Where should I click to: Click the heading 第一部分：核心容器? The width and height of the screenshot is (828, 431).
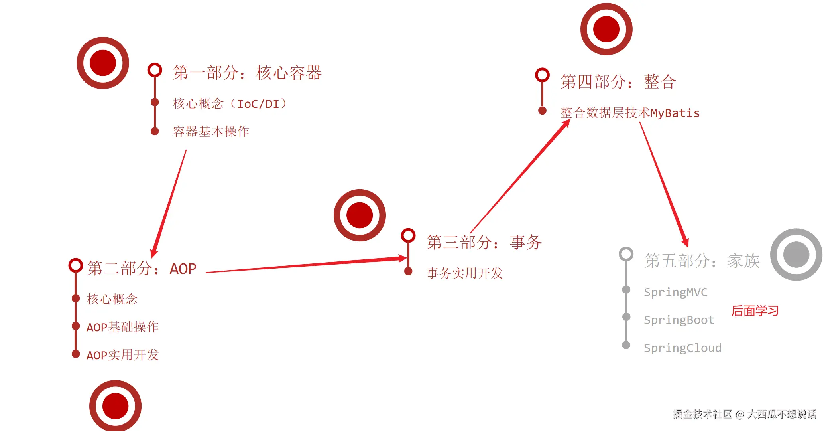(x=247, y=73)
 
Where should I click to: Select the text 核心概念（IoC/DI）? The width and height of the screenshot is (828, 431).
(x=230, y=104)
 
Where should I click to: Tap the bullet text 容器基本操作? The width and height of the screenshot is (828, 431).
(x=211, y=131)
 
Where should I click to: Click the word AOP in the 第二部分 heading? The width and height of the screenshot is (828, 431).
(x=183, y=269)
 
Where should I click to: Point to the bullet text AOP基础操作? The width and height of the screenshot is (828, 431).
(x=122, y=327)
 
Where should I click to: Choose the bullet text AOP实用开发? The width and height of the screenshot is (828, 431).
(x=122, y=355)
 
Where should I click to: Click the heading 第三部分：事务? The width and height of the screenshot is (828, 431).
(x=484, y=242)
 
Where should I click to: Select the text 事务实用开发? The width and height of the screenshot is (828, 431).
(x=464, y=273)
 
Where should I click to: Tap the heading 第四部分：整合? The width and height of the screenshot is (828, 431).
(x=618, y=82)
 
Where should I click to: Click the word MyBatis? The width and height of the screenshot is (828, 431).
(x=675, y=113)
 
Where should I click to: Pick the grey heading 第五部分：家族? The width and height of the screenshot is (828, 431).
(x=702, y=261)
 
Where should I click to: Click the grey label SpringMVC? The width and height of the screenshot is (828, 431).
(x=676, y=292)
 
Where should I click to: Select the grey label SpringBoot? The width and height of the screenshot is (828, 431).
(x=679, y=320)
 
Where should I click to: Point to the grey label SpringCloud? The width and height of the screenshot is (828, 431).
(x=682, y=348)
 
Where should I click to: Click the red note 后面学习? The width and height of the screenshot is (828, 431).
(x=755, y=311)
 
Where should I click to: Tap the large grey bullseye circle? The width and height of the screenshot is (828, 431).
(x=796, y=255)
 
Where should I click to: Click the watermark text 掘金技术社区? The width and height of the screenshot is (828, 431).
(x=702, y=414)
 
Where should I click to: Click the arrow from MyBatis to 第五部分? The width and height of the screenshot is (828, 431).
(x=664, y=184)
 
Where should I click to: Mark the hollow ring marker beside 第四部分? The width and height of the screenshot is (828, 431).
(x=542, y=75)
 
